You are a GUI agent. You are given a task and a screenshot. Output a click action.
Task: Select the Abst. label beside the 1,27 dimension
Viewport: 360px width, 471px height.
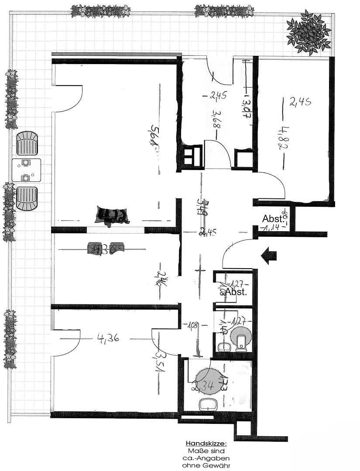coord(236,293)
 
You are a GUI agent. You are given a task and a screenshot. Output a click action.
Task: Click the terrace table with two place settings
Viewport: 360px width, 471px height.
coord(27,170)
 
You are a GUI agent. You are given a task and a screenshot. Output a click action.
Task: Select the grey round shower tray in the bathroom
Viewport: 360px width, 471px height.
coord(209,382)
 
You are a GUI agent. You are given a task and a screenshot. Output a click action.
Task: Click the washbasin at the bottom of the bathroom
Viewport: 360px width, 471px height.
coord(207,405)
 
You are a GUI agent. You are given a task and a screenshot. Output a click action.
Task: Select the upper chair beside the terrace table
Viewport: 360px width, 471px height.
coord(27,143)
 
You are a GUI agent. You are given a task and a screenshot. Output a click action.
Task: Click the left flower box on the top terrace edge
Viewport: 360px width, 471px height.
coord(101,10)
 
